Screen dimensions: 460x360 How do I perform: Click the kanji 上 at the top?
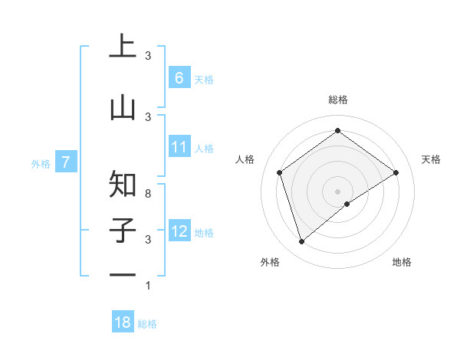click(123, 47)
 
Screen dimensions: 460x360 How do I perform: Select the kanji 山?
click(123, 107)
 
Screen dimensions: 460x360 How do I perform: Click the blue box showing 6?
click(179, 78)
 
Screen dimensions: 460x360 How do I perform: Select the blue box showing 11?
click(179, 147)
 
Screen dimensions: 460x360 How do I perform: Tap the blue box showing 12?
click(179, 231)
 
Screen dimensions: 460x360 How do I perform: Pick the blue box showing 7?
click(66, 162)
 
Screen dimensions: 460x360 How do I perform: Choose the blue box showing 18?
click(123, 322)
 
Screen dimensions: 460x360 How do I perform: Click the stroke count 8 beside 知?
click(148, 194)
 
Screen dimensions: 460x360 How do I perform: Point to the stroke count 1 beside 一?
click(148, 286)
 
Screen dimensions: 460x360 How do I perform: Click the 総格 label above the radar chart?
click(337, 100)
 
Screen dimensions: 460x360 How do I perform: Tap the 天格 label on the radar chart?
click(431, 159)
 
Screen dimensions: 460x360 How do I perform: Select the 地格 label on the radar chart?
click(402, 262)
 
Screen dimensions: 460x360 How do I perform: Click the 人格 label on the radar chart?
click(245, 159)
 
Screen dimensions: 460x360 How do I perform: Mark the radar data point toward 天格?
click(396, 172)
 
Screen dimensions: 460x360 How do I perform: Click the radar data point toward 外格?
click(301, 241)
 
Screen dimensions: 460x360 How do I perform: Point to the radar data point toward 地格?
click(347, 204)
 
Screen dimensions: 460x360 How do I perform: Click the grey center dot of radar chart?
click(337, 191)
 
